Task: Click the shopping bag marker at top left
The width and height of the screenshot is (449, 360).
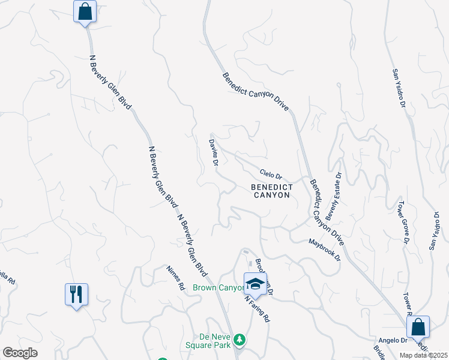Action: pyautogui.click(x=85, y=11)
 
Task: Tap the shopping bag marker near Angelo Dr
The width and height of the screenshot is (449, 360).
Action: pyautogui.click(x=418, y=328)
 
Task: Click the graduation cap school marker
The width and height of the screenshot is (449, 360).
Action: pyautogui.click(x=255, y=284)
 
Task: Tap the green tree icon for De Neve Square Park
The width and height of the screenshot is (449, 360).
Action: pyautogui.click(x=240, y=340)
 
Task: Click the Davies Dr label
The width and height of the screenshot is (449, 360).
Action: pyautogui.click(x=214, y=152)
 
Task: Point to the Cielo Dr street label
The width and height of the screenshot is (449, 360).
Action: pyautogui.click(x=271, y=174)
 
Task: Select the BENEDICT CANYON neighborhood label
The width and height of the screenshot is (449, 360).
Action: pyautogui.click(x=272, y=191)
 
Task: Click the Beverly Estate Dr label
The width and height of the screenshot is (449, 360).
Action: pyautogui.click(x=334, y=196)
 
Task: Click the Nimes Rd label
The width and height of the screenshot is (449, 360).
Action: pyautogui.click(x=175, y=278)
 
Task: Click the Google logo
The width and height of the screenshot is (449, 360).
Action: pyautogui.click(x=20, y=353)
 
